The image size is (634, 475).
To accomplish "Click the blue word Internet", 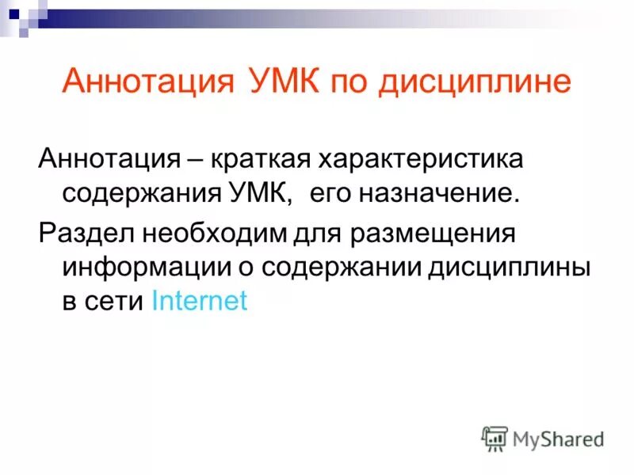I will (x=199, y=301).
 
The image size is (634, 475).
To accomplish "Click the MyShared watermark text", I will (x=558, y=438).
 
